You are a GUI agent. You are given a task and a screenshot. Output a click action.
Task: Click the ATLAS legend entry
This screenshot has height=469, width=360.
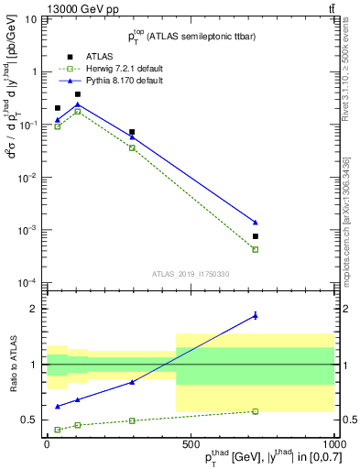click(86, 56)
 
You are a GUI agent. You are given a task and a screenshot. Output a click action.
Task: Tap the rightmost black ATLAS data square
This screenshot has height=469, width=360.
click(256, 236)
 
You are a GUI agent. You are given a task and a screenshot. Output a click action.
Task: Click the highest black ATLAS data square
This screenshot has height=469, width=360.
click(78, 94)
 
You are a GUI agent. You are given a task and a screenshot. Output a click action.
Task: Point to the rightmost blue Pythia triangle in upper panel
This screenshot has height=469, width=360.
click(256, 223)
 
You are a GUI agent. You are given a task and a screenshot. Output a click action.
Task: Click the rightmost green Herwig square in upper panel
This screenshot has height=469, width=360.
click(256, 249)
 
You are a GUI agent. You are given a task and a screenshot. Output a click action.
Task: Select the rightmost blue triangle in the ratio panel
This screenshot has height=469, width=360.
click(256, 315)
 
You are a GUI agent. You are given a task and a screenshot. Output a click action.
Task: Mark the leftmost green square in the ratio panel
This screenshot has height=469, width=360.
click(58, 429)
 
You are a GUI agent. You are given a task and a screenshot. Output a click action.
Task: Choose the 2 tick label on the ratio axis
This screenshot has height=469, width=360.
click(37, 309)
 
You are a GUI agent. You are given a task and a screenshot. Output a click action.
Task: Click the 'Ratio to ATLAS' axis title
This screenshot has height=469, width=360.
click(12, 364)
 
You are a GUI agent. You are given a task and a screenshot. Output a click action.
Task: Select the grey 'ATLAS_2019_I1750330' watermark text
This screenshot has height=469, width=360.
click(191, 274)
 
